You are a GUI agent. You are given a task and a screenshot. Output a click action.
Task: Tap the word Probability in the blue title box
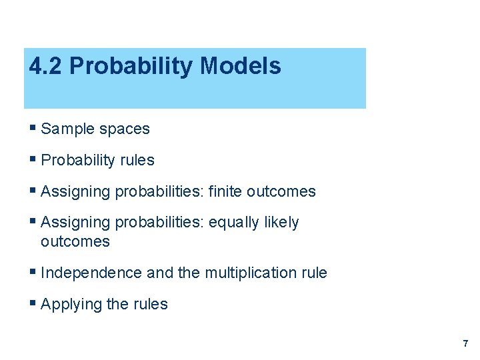131,67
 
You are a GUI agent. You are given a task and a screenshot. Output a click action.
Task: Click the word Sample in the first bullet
65,129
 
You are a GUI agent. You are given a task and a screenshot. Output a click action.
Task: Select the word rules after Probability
135,160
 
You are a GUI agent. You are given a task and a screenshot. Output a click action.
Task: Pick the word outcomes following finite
281,191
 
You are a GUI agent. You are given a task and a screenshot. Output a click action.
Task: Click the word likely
281,222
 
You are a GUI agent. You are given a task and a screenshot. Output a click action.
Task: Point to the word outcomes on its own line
75,241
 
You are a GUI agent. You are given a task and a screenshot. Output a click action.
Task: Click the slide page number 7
465,344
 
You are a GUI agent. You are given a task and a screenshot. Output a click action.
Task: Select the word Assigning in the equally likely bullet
75,222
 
